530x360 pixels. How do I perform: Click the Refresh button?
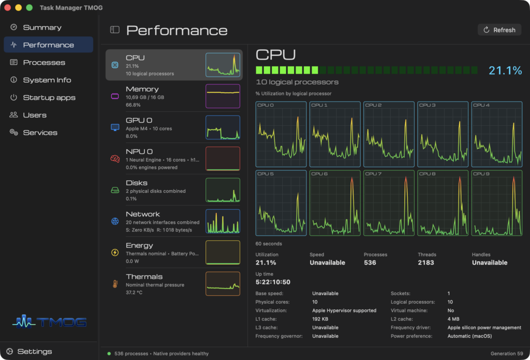coord(499,30)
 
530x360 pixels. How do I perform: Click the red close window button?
coord(7,7)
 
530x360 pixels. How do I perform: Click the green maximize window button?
coord(30,7)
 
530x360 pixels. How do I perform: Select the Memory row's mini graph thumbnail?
coord(223,96)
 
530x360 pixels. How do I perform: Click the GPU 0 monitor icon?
coord(115,127)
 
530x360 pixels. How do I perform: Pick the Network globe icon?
coord(115,221)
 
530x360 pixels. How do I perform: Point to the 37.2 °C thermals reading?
coord(134,292)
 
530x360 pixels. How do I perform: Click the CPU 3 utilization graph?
coord(443,134)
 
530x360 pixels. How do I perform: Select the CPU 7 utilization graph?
coord(389,203)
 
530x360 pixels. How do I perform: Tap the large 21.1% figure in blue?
coord(505,70)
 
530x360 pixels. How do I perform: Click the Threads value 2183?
coord(426,263)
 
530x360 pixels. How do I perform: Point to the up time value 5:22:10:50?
coord(273,282)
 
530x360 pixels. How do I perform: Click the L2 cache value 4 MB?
coord(453,319)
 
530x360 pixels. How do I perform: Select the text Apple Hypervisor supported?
coord(344,311)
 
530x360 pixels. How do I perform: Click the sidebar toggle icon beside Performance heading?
coord(115,30)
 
